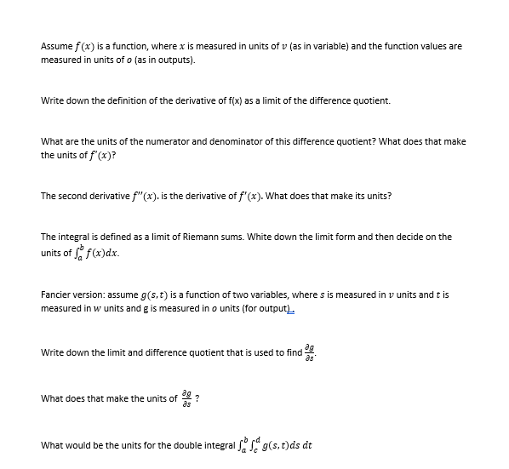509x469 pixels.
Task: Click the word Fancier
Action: (55, 295)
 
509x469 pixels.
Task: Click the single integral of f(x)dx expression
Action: (106, 251)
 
